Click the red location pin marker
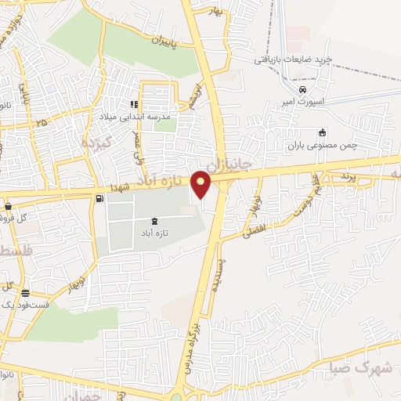coord(202,183)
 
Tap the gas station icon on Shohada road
coord(99,198)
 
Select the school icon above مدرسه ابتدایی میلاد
coord(135,104)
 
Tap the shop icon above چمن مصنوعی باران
coord(321,132)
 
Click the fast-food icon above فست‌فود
coord(26,293)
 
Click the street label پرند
coord(348,178)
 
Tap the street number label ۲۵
coord(41,122)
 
